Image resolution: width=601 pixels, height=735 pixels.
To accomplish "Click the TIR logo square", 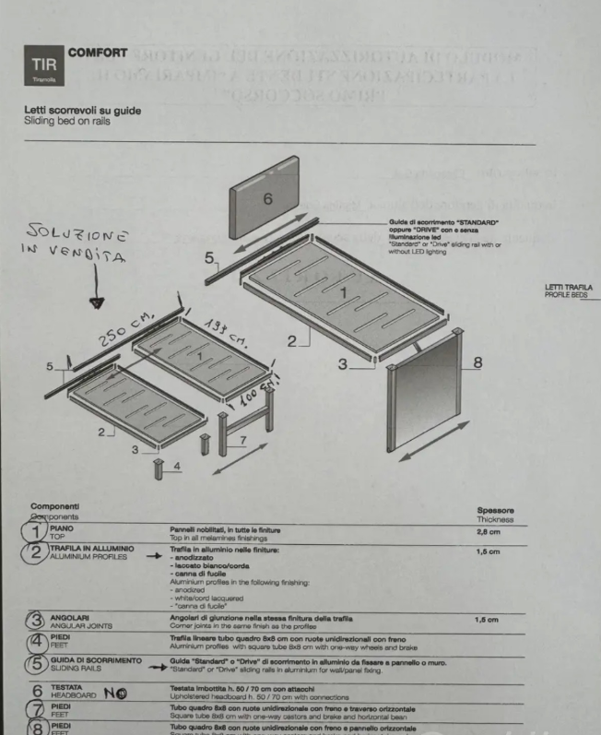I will [44, 67].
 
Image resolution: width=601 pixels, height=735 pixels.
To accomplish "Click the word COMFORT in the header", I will [98, 53].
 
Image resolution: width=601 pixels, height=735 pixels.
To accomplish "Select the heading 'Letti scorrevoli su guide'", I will [83, 112].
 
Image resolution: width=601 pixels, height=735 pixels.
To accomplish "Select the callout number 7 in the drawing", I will [242, 441].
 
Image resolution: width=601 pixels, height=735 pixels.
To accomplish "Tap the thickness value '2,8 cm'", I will [489, 532].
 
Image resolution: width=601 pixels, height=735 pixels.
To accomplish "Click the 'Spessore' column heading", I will [495, 510].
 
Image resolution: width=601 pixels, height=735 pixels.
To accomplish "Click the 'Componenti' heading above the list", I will [54, 506].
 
